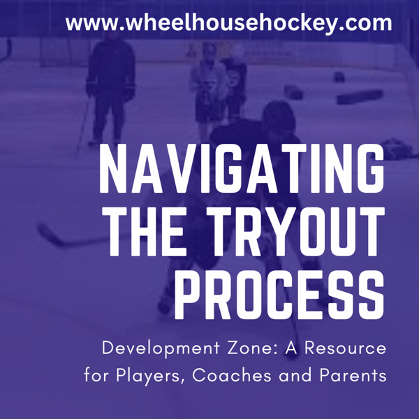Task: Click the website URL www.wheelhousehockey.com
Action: [x=229, y=22]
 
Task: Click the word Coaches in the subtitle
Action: [x=226, y=375]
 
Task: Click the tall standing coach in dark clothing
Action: [x=110, y=84]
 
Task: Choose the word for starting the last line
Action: [x=96, y=375]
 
